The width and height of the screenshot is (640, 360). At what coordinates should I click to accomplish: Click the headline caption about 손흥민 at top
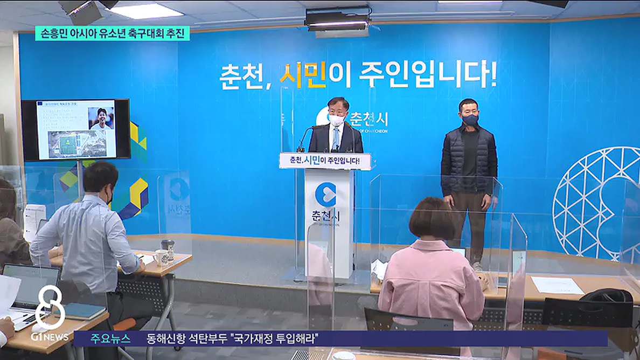(x=113, y=33)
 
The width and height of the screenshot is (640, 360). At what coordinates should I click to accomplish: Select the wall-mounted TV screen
(x=76, y=130)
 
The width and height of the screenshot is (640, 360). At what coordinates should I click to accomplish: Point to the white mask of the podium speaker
(x=337, y=120)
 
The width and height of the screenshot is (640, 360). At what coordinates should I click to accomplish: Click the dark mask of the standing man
(x=470, y=120)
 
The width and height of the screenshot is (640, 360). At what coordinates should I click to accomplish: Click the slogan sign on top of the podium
(x=325, y=161)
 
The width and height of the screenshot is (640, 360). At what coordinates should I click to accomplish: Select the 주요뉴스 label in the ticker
(x=110, y=339)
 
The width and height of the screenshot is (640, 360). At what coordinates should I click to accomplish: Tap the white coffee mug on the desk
(x=161, y=258)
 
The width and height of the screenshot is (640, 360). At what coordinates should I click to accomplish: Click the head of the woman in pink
(x=432, y=219)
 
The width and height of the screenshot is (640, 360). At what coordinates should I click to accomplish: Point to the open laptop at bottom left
(x=30, y=291)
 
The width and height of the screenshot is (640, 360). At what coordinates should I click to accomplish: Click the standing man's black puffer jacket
(x=469, y=160)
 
